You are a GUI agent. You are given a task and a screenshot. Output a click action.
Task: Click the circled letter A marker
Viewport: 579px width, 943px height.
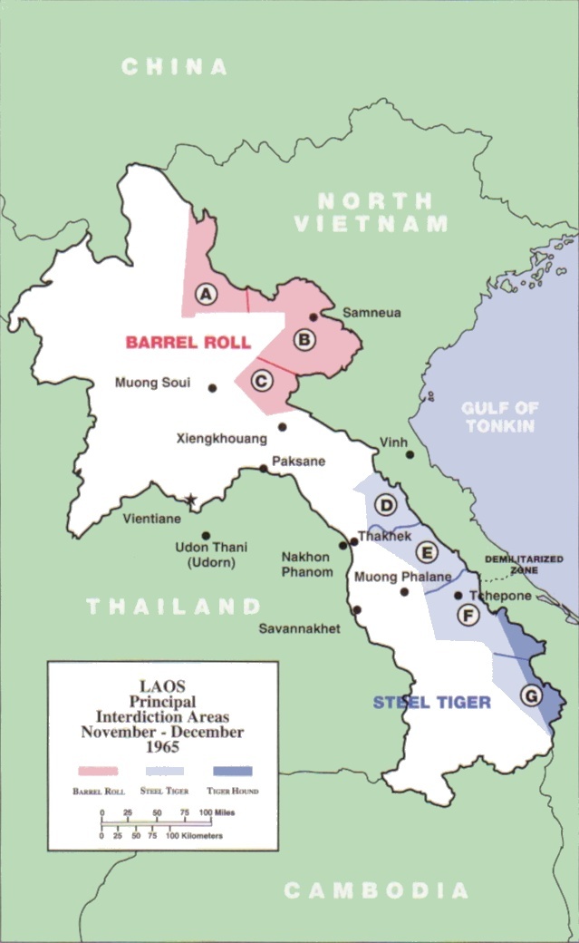(207, 294)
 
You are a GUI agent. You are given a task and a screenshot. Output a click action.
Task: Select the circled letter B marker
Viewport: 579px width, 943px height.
(304, 340)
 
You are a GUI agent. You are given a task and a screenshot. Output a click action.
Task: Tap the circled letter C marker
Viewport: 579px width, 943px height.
(260, 380)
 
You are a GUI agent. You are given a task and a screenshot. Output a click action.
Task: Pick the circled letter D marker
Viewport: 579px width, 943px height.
(387, 506)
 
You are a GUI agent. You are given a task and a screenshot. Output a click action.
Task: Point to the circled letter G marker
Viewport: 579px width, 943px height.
(531, 695)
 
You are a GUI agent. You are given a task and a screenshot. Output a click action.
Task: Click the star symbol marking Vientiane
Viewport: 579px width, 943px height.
(190, 500)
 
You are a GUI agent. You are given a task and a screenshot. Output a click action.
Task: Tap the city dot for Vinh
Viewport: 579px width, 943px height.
(410, 455)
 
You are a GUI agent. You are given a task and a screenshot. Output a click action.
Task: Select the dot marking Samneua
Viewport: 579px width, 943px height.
(314, 317)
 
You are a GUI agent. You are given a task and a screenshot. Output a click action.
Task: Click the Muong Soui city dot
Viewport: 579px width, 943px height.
(212, 387)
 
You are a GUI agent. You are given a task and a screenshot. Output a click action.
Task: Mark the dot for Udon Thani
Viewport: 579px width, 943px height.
(206, 536)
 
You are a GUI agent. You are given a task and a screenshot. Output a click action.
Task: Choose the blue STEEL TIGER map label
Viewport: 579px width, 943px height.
(431, 702)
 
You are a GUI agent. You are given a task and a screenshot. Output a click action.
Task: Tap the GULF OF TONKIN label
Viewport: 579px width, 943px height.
(499, 417)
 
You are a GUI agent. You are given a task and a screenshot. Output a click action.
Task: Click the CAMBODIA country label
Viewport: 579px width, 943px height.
(376, 890)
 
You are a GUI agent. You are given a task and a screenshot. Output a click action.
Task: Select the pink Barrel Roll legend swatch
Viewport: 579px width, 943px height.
(98, 771)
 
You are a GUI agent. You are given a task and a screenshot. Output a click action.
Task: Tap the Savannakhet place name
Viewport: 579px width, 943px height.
(299, 628)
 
